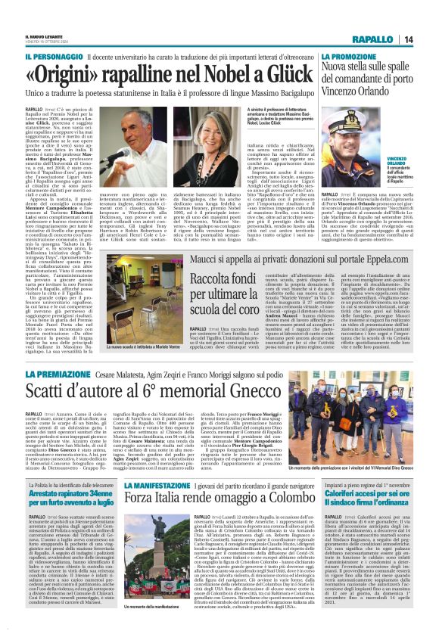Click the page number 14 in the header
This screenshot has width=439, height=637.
pos(428,39)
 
